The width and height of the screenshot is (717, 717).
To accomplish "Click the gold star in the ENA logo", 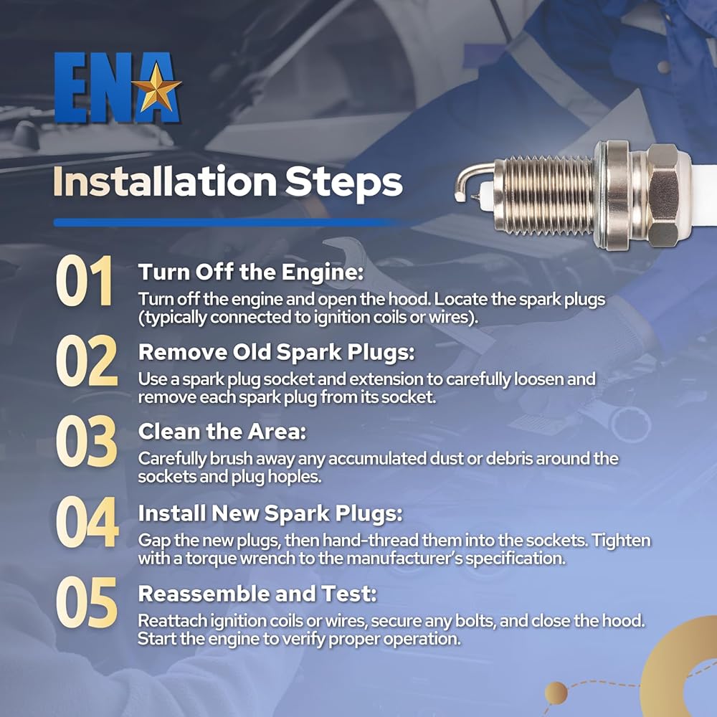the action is click(156, 87).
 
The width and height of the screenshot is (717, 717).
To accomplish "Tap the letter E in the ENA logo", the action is click(70, 87).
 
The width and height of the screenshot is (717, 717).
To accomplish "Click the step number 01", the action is click(85, 280).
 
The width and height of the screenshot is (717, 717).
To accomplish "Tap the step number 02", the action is click(87, 361).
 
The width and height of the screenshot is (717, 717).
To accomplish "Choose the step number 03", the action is click(87, 441).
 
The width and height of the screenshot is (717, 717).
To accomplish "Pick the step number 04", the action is click(87, 522).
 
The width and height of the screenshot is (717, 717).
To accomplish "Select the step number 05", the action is click(87, 602).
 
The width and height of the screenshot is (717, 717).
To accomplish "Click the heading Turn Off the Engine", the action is click(251, 272).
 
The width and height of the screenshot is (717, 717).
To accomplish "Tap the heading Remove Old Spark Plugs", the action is click(276, 353).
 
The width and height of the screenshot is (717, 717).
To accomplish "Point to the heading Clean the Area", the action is click(222, 432).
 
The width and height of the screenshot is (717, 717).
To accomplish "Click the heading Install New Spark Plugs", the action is click(270, 513).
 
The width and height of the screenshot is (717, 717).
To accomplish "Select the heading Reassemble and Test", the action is click(257, 594).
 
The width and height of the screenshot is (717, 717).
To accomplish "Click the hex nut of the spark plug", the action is click(663, 196).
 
